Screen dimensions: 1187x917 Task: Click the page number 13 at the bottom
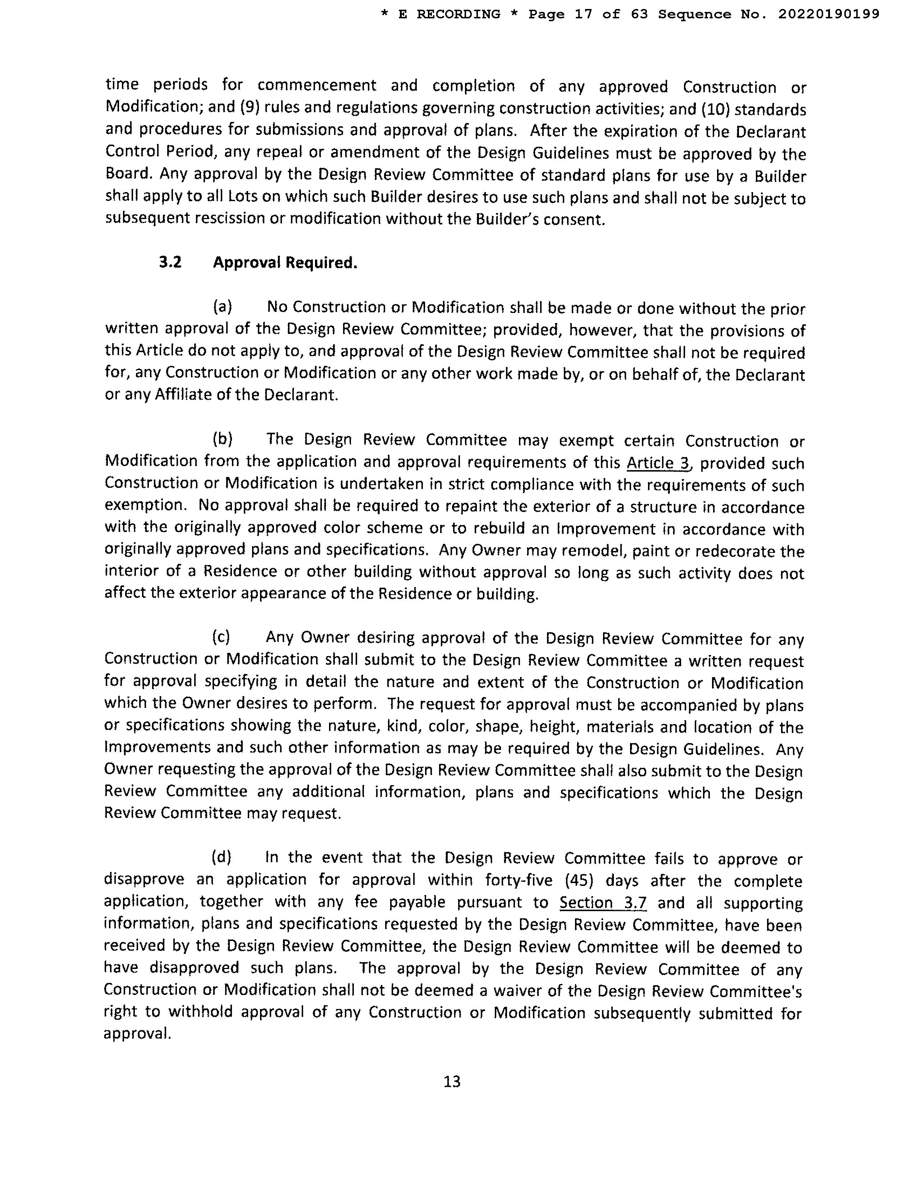[452, 1082]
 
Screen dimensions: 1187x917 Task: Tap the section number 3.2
[170, 263]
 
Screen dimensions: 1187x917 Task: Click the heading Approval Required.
[285, 263]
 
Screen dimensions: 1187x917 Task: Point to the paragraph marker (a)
[222, 307]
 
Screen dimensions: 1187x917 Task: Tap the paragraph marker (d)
[221, 857]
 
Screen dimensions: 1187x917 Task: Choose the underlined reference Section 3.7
[603, 903]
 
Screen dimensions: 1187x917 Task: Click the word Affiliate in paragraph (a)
[182, 395]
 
